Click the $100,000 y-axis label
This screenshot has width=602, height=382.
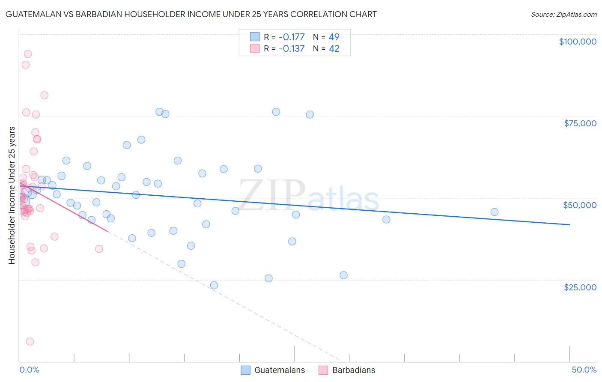point(578,42)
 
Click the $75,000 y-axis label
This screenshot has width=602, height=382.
point(580,123)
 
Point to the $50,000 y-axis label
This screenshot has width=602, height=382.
point(580,205)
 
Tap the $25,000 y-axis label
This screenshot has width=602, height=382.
point(580,287)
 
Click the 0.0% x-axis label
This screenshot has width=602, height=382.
point(29,370)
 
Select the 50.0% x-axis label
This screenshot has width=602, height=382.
point(584,370)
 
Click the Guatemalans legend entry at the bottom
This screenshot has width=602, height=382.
point(279,370)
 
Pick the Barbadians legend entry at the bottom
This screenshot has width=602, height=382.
point(353,370)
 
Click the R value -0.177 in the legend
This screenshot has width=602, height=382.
point(292,37)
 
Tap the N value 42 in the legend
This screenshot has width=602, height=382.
point(334,48)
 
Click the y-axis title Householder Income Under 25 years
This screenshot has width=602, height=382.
point(12,195)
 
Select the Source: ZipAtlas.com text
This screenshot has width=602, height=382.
point(563,14)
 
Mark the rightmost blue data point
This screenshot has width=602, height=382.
point(494,212)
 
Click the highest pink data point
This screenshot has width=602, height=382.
point(28,54)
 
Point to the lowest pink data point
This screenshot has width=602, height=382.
point(30,341)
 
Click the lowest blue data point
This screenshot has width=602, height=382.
point(214,285)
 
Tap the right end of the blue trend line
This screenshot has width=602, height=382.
point(569,224)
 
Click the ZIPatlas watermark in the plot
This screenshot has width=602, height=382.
point(309,196)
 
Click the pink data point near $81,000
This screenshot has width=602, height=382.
point(44,95)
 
